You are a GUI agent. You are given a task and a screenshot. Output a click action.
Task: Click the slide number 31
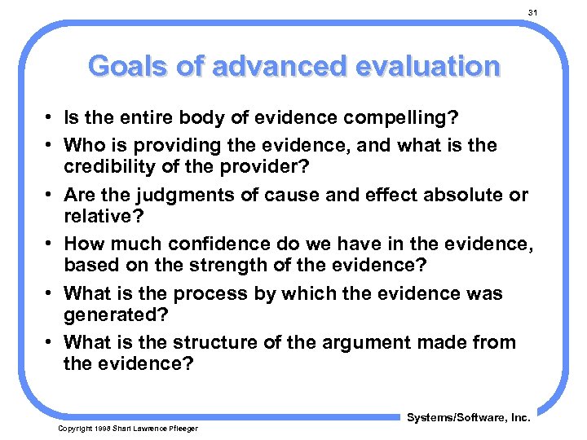pyautogui.click(x=532, y=13)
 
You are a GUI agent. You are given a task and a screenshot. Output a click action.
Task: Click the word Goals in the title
pyautogui.click(x=129, y=65)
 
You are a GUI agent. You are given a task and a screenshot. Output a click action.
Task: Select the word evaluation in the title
pyautogui.click(x=423, y=65)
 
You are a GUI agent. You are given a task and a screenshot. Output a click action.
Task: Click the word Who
pyautogui.click(x=84, y=145)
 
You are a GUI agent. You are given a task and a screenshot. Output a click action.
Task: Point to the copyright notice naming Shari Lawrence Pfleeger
pyautogui.click(x=127, y=429)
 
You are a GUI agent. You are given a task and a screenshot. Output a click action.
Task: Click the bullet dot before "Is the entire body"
pyautogui.click(x=51, y=119)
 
